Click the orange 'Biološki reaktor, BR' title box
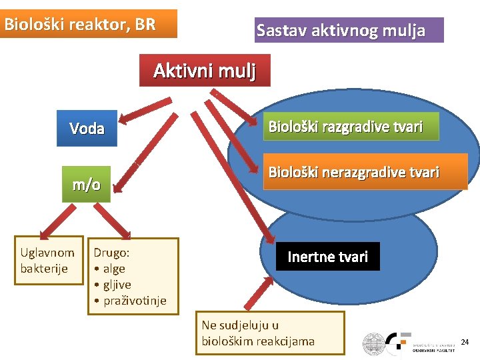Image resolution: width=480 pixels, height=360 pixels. click(89, 24)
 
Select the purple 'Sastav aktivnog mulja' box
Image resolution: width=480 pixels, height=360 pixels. click(349, 30)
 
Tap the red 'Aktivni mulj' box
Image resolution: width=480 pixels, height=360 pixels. click(205, 70)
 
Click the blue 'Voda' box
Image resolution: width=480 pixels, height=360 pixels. click(87, 128)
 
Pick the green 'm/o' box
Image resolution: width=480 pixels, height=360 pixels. click(87, 184)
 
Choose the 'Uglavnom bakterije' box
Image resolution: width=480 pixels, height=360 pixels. click(48, 260)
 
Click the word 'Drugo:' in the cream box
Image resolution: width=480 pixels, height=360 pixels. click(111, 253)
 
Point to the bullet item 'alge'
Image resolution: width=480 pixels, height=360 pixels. click(113, 269)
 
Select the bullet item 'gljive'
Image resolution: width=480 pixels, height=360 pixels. click(117, 285)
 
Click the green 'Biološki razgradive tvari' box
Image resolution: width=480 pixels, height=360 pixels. click(345, 126)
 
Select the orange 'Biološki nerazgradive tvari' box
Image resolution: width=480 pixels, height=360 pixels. click(354, 173)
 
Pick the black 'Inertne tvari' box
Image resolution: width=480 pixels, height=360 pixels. click(327, 257)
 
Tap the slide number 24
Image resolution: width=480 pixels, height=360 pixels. click(465, 342)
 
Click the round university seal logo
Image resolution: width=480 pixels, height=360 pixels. click(375, 344)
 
